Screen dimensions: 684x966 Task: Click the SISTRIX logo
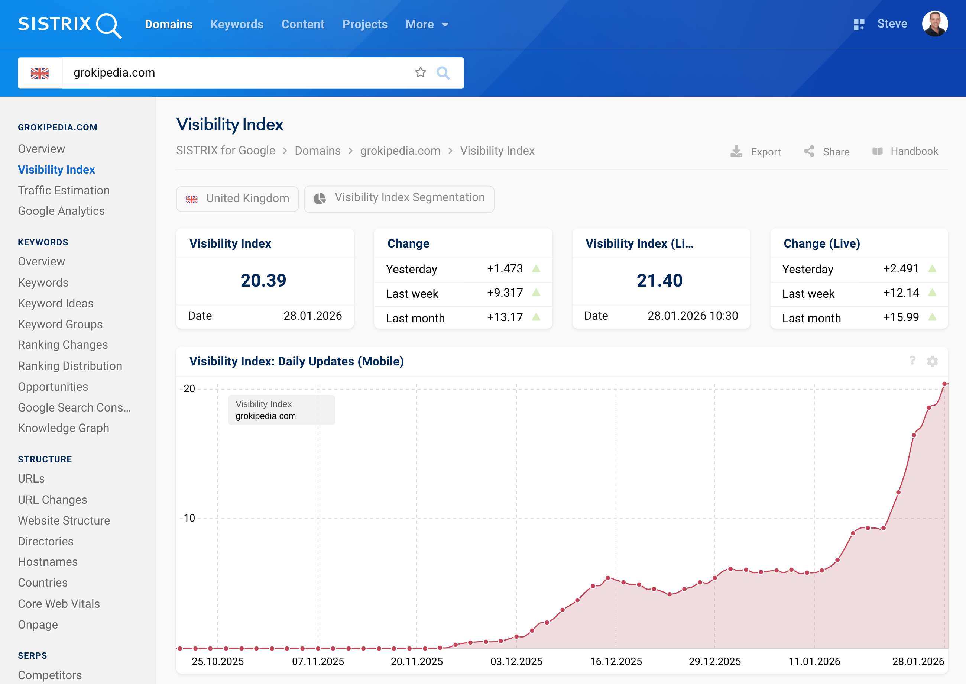pos(69,25)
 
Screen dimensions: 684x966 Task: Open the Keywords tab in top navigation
pos(237,25)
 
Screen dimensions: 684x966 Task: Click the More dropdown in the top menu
pos(427,25)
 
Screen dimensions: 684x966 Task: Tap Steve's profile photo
pos(934,23)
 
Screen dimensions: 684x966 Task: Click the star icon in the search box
pos(420,72)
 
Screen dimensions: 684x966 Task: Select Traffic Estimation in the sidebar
pos(64,190)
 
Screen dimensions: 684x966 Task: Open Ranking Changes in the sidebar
pos(63,345)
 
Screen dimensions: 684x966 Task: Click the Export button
pos(756,151)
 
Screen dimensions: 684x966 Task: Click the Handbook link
pos(905,151)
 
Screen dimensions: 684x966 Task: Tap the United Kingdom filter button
pos(237,199)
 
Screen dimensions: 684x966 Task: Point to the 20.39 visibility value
pos(263,281)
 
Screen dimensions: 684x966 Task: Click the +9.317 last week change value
pos(505,293)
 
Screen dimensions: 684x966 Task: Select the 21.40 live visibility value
pos(659,281)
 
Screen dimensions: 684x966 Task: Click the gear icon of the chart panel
pos(932,361)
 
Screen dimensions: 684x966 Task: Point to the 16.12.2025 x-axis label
pos(615,661)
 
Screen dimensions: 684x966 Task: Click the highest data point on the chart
pos(944,384)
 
